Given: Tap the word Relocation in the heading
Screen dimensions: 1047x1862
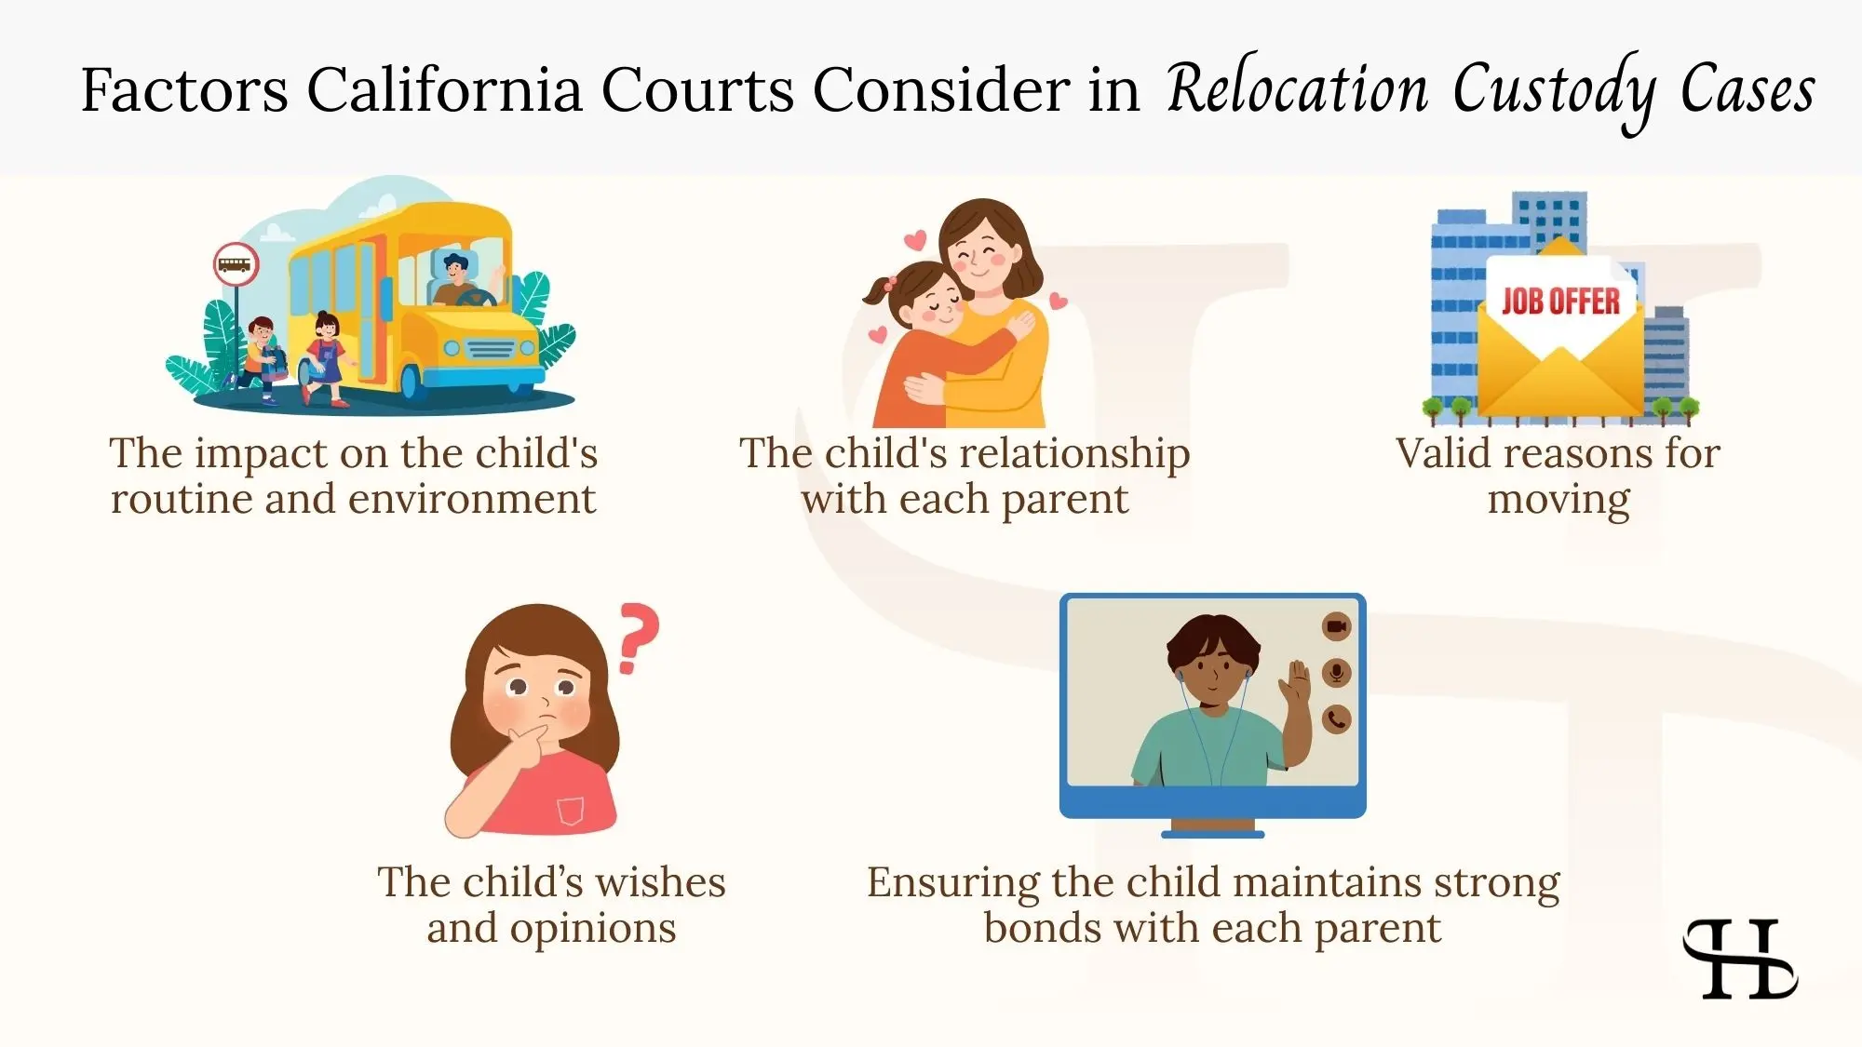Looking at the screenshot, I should [x=1297, y=90].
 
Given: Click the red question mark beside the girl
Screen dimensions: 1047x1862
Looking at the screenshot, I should [x=638, y=638].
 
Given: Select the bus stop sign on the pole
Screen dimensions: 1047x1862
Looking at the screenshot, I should [x=236, y=264].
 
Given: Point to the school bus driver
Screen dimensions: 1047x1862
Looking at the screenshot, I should [x=455, y=279].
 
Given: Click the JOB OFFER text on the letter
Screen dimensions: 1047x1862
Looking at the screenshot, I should [x=1560, y=302].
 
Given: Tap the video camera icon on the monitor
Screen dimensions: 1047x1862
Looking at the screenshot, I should [x=1336, y=626].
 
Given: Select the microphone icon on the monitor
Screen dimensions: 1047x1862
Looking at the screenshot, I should [x=1336, y=673].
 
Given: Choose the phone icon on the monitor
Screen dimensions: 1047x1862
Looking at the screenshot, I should [x=1336, y=718].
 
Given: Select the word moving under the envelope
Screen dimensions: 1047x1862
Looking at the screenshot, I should [x=1558, y=500].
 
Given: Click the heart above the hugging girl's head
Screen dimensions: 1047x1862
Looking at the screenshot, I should [x=915, y=241].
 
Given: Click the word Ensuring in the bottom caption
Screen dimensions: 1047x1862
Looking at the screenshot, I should [x=952, y=883].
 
